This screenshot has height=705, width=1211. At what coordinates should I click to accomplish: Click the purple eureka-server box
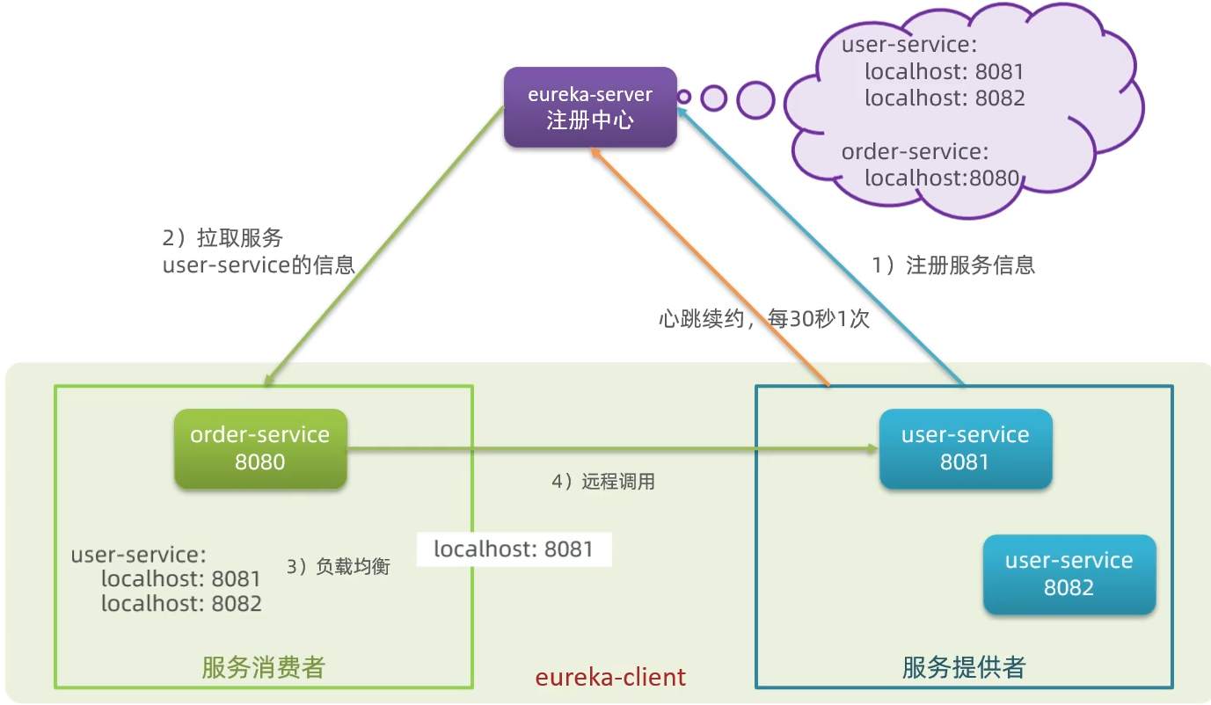[590, 107]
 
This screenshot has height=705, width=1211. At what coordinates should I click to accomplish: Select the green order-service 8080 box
[260, 448]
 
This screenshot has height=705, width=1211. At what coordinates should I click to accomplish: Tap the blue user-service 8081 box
[965, 448]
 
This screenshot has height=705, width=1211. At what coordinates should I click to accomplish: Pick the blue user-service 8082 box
[1069, 574]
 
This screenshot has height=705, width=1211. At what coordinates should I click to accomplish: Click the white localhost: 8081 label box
[514, 550]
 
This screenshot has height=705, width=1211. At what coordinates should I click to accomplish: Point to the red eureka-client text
[610, 677]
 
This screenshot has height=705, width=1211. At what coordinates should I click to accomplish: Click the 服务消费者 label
[263, 667]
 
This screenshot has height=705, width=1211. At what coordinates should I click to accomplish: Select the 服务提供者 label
[963, 667]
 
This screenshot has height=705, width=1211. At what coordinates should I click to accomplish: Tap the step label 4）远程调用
[603, 482]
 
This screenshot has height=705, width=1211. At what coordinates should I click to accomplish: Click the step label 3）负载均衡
[339, 567]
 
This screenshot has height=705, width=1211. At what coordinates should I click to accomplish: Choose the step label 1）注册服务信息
[953, 265]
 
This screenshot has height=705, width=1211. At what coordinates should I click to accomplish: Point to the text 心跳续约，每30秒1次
[763, 318]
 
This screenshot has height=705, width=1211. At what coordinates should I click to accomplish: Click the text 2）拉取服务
[223, 238]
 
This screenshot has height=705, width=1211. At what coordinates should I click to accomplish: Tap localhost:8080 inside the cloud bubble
[941, 178]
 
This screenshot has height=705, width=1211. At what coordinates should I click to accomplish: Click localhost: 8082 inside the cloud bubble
[945, 98]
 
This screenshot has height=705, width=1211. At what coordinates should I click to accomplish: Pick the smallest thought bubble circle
[684, 98]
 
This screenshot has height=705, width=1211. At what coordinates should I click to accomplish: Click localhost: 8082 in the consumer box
[181, 604]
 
